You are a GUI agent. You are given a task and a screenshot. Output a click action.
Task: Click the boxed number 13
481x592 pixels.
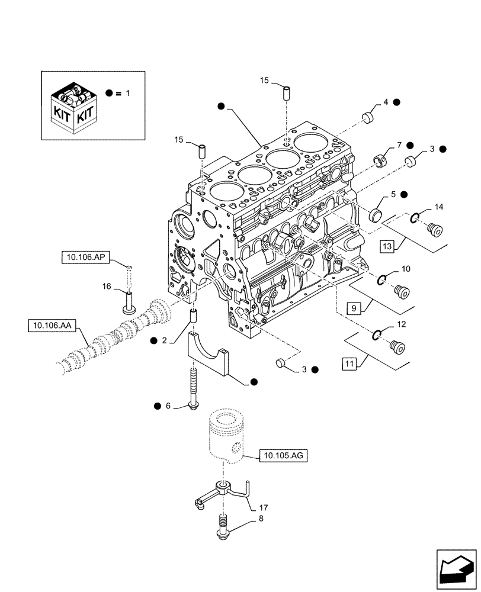387,246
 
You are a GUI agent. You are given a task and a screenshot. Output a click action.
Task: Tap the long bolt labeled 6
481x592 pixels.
193,388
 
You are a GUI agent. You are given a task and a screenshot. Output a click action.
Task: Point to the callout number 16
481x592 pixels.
107,287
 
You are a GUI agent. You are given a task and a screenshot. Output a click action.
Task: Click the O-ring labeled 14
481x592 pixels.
417,218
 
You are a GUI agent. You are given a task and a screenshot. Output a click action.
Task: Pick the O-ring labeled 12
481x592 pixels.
377,336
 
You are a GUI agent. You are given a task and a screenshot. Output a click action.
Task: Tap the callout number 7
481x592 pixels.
400,145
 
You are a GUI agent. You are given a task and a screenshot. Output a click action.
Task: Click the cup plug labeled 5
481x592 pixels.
376,214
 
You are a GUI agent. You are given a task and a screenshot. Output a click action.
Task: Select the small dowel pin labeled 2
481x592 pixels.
192,316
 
